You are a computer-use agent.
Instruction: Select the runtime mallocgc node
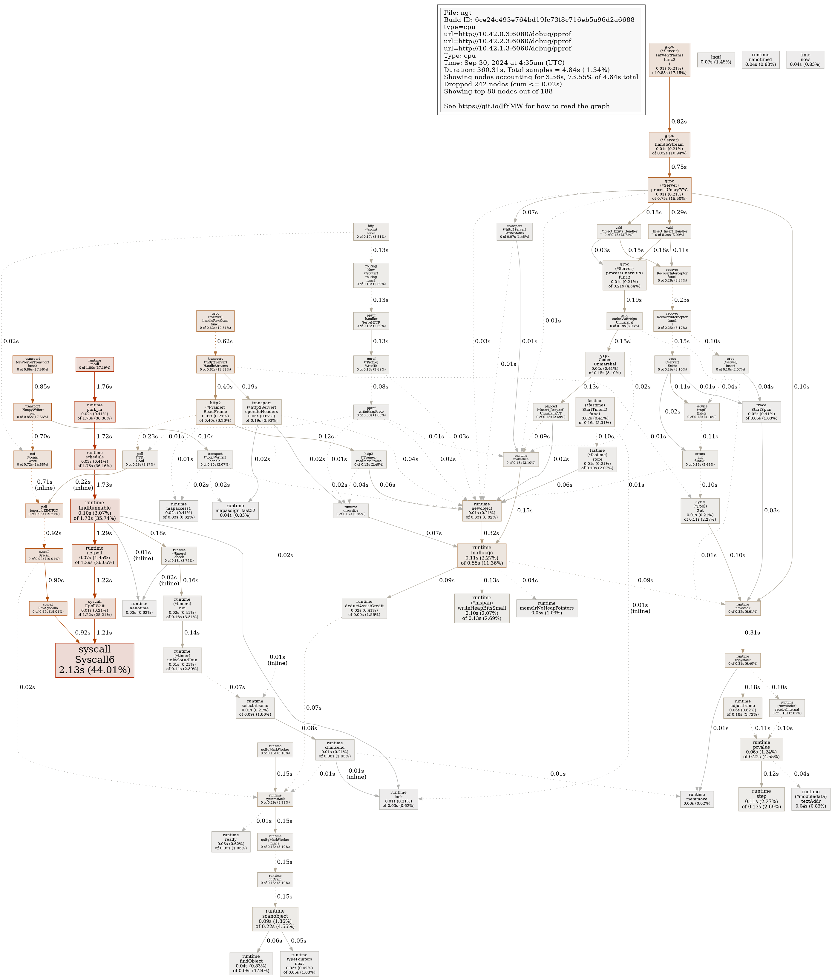point(482,555)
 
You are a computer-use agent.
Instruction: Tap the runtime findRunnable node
point(94,510)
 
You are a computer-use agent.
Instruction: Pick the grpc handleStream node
point(669,145)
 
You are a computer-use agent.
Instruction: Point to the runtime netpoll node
point(94,555)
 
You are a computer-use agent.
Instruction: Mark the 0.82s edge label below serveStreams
point(679,122)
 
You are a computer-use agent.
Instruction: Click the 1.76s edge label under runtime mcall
point(104,387)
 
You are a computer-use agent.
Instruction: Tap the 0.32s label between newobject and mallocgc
point(491,533)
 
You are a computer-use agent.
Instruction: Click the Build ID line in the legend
point(539,20)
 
